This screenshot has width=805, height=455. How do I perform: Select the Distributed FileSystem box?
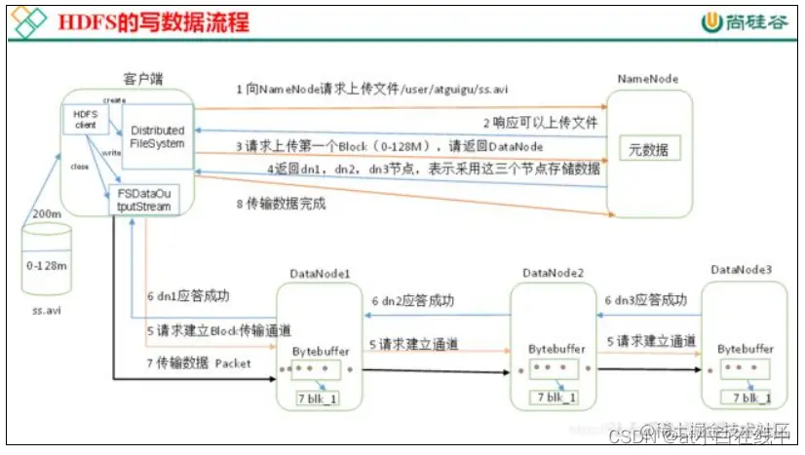click(157, 136)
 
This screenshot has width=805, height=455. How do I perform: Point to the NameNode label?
click(648, 78)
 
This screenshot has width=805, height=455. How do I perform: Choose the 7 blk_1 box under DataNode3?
click(746, 397)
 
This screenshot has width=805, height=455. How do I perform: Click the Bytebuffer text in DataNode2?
click(556, 347)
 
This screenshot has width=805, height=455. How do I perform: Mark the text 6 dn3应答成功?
click(649, 300)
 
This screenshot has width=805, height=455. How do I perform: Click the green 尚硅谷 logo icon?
click(710, 19)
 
